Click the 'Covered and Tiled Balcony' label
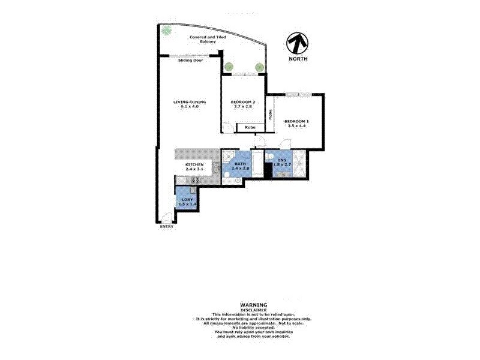tap(203, 39)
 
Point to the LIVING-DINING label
tap(190, 104)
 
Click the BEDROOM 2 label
tap(243, 104)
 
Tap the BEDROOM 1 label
tap(296, 123)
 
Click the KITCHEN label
tap(194, 166)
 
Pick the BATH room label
tap(240, 166)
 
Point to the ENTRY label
tap(166, 226)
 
